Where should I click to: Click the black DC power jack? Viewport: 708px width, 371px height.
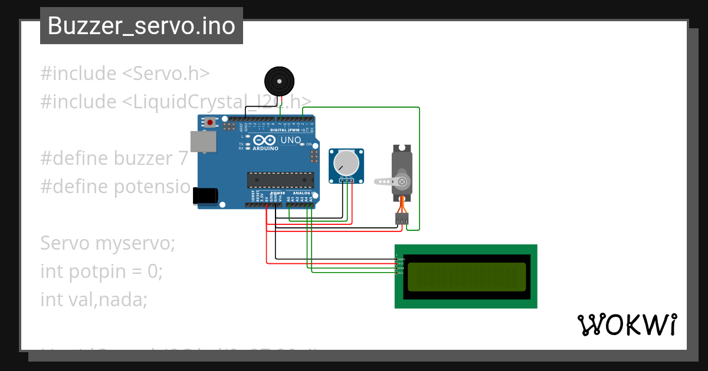tap(205, 196)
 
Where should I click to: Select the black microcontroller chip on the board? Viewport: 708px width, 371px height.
tap(280, 180)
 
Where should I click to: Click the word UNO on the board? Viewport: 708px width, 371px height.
tap(290, 141)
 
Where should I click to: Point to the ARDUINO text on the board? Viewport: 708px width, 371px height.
tap(265, 148)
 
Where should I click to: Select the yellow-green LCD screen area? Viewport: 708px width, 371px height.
tap(466, 277)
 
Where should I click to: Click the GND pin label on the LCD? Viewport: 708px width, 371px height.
tap(401, 259)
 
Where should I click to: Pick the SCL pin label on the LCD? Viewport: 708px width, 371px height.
tap(401, 273)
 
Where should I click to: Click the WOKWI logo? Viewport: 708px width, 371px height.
tap(627, 324)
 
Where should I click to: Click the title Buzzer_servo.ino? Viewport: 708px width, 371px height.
tap(142, 26)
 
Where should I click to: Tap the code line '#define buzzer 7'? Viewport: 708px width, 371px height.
tap(114, 158)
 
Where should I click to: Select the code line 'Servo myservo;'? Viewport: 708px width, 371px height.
tap(108, 243)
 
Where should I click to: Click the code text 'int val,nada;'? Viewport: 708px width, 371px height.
tap(93, 300)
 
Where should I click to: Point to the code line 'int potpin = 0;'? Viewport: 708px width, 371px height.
tap(101, 271)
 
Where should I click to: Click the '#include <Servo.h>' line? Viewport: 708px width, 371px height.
tap(125, 74)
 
